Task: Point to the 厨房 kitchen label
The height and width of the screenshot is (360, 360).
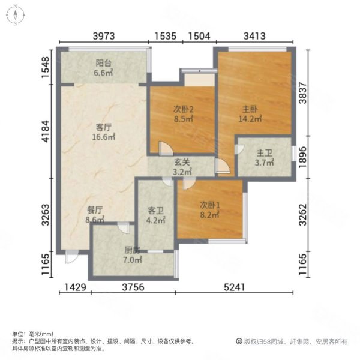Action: (131, 250)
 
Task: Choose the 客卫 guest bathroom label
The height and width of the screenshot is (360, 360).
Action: (156, 211)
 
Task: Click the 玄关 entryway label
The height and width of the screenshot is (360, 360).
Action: (182, 161)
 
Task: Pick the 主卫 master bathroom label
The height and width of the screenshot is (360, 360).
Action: (264, 152)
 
